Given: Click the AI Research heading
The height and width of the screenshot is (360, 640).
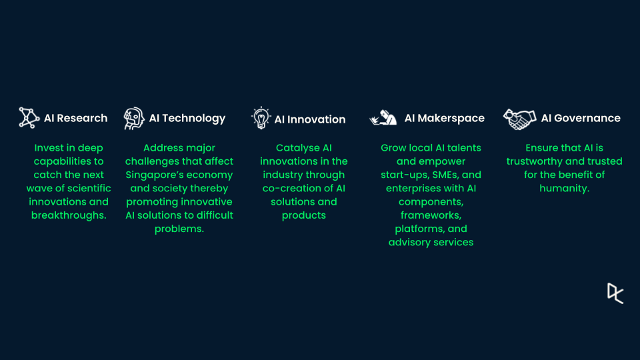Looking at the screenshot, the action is [75, 119].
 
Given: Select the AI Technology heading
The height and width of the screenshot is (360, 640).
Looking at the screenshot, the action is [187, 119].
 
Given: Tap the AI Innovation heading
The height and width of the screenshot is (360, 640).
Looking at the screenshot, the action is [310, 119].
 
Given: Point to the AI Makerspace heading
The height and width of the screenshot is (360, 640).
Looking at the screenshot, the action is [444, 119].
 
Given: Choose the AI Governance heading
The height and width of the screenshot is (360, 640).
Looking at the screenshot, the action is [581, 119].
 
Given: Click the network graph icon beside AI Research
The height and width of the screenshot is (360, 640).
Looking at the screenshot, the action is [29, 118].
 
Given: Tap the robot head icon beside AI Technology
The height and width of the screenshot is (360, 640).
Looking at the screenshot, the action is [134, 119].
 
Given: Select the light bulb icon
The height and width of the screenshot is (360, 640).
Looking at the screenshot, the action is [261, 118].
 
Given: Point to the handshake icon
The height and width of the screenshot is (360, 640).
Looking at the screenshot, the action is [519, 119].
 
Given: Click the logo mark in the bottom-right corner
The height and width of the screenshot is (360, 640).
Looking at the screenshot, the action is [615, 293].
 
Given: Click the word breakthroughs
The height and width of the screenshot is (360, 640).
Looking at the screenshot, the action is [68, 215].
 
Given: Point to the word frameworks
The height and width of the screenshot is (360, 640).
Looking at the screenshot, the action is [430, 215].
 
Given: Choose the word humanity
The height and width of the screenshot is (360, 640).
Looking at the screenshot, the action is [563, 189].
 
